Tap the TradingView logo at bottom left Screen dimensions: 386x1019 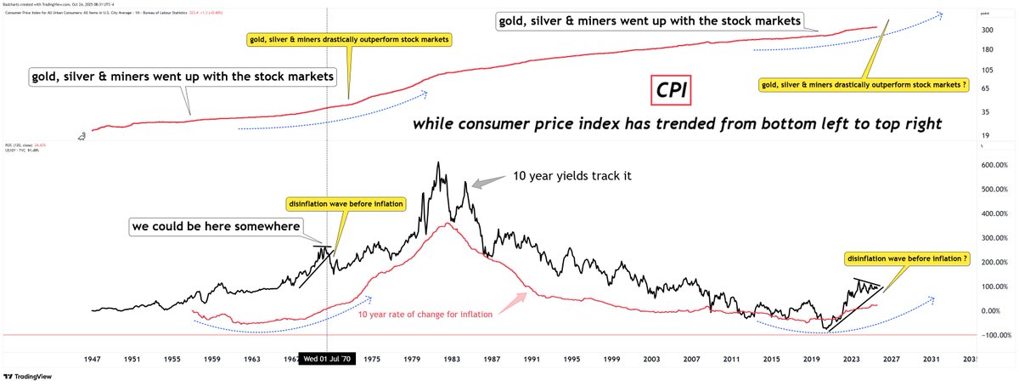tap(34, 377)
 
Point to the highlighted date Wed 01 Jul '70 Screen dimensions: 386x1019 tap(328, 360)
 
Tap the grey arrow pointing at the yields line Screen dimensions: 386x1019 tap(485, 181)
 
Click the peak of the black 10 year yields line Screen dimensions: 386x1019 tap(437, 163)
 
